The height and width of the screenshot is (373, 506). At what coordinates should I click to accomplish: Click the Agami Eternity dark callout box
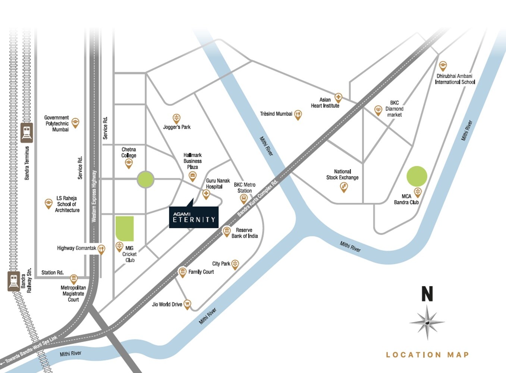194,217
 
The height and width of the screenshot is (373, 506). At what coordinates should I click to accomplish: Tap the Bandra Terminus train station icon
27,132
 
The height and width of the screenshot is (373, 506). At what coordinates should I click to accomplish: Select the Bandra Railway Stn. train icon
14,281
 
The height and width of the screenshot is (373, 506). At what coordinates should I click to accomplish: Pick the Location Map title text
427,355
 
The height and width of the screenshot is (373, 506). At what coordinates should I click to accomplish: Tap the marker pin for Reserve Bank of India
226,232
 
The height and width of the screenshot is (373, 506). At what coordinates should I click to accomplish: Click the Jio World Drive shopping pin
188,304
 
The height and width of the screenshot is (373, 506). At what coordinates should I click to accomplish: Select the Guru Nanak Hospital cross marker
206,194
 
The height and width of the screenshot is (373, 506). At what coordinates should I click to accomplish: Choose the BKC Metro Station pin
243,198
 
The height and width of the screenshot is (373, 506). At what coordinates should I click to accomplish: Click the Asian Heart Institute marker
338,98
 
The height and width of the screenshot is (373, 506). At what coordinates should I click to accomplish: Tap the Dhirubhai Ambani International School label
455,79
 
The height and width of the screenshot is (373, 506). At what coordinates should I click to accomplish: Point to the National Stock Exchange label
342,175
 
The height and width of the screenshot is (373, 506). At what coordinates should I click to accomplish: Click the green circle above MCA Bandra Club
417,176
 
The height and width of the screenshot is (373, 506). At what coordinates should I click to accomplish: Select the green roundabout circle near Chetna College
145,179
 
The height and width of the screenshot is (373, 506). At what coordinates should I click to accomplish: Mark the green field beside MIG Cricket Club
125,228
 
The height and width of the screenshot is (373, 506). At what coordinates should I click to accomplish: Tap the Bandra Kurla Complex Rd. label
258,198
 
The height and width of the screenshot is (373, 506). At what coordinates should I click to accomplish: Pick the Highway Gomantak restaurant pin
101,249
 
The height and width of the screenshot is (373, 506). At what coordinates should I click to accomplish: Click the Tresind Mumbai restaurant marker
298,115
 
